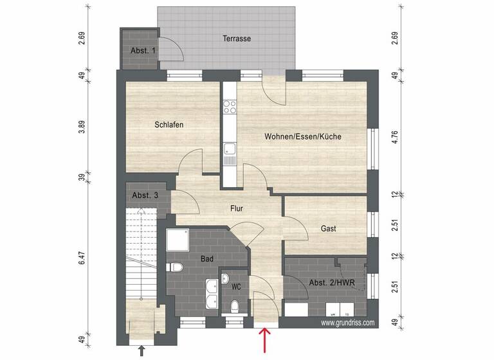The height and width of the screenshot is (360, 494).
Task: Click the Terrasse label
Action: click(237, 39)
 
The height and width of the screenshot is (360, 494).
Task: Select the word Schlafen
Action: click(170, 125)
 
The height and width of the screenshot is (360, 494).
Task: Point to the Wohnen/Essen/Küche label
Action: click(302, 137)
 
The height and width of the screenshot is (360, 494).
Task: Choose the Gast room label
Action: click(328, 228)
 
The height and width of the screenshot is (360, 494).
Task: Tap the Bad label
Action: click(207, 259)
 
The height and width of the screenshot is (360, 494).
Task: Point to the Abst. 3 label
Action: click(145, 195)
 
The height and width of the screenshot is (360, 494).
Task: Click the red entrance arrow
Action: click(264, 338)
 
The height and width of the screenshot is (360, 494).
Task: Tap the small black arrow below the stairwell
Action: click(142, 350)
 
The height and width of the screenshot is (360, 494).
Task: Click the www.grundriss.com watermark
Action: click(347, 323)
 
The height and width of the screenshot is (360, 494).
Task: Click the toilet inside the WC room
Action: click(235, 306)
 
